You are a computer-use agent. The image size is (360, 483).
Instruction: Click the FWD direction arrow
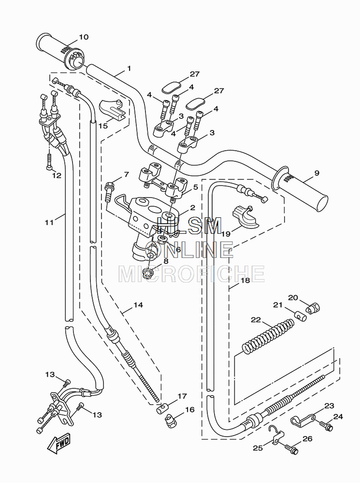click(58, 444)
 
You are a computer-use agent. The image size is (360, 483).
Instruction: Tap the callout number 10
click(84, 37)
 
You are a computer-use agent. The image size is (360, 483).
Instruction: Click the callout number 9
click(317, 173)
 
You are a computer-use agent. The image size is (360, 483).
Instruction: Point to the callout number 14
click(138, 305)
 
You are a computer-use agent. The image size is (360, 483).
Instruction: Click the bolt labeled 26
click(291, 448)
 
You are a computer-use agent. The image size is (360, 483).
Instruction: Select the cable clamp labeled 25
click(276, 435)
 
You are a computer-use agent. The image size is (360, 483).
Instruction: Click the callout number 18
click(245, 280)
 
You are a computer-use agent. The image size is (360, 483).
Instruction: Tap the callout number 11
click(49, 222)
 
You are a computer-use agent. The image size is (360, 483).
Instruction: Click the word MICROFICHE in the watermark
click(191, 273)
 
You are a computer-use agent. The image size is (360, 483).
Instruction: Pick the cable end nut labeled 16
click(171, 421)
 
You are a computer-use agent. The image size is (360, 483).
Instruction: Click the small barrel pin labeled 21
click(300, 316)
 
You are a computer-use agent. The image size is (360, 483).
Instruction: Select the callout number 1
click(129, 69)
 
